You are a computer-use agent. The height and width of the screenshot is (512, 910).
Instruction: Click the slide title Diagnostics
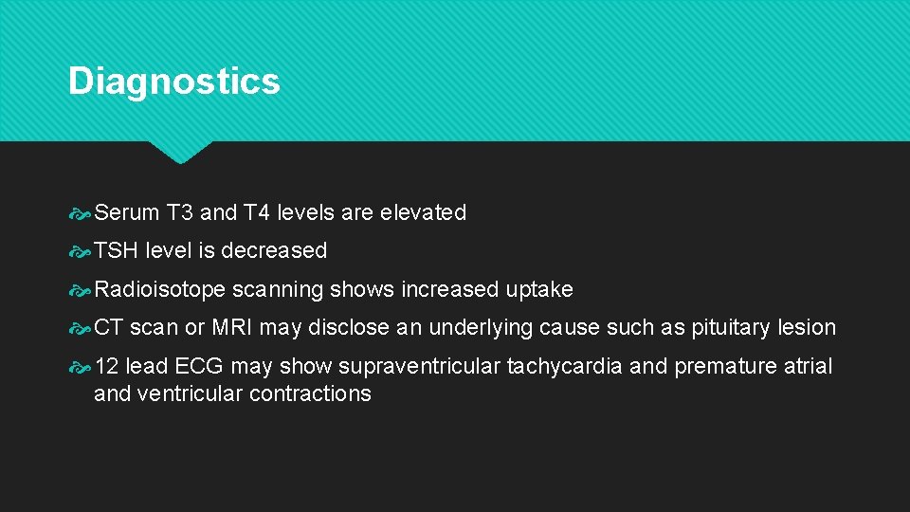pos(173,82)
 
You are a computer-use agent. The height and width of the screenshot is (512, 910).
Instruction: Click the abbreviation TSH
pos(116,251)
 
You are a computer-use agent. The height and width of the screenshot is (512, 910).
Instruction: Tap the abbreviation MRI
pos(231,328)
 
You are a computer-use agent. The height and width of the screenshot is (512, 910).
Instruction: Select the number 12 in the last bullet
pos(106,366)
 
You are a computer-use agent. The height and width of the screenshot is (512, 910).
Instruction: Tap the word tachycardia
pos(565,366)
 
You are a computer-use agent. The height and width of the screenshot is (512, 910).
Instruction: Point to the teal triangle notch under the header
pos(179,152)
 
